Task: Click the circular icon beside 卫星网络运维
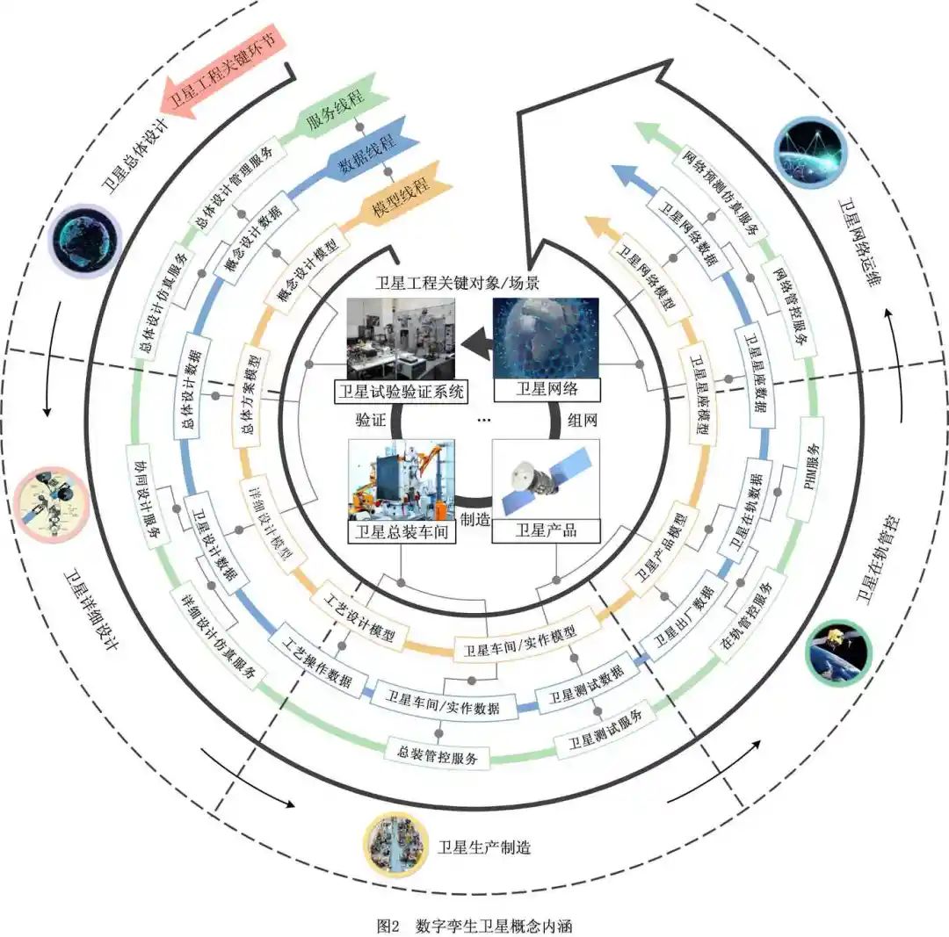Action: [x=809, y=151]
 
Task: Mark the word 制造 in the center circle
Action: [x=475, y=520]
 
